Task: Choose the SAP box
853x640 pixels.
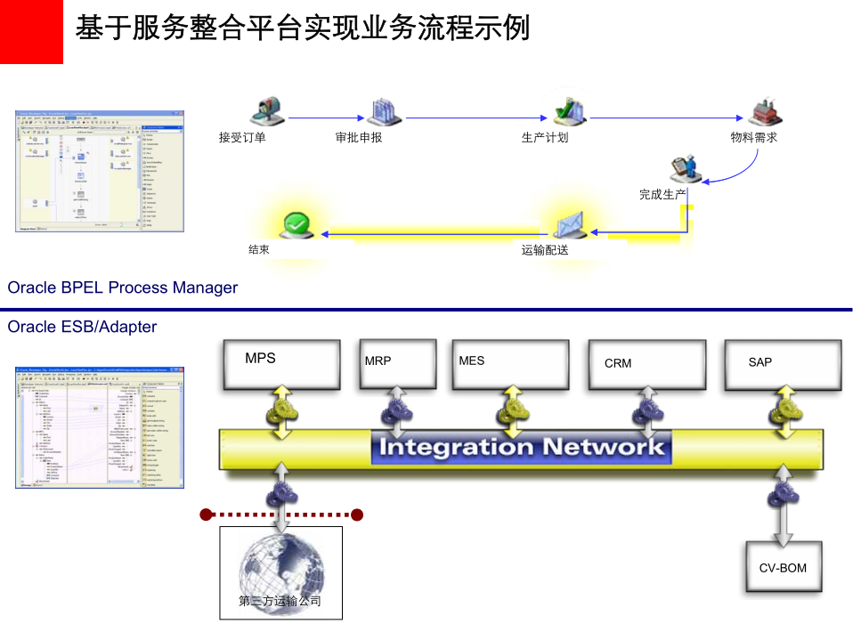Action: [x=782, y=364]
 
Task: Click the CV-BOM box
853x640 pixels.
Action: [x=783, y=568]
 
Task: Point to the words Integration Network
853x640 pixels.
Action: [x=522, y=447]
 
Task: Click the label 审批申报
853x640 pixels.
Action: [x=359, y=138]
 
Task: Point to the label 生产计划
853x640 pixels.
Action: [x=545, y=138]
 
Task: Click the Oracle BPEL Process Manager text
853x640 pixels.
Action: [x=123, y=288]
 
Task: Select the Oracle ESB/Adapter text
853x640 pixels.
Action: [x=82, y=327]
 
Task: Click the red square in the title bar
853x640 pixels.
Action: [x=31, y=32]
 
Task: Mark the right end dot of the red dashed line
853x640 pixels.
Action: [x=357, y=514]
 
